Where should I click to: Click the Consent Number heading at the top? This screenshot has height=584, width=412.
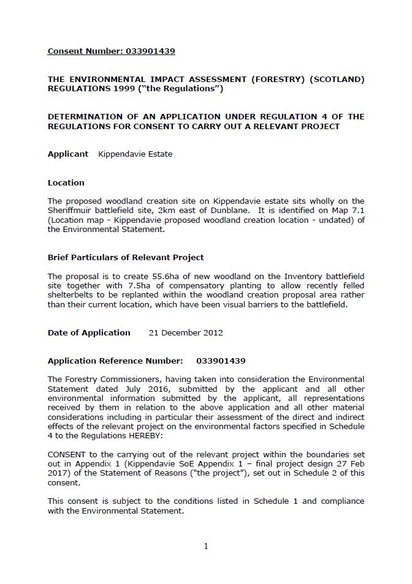[x=111, y=51]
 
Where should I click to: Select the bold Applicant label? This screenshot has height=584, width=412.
[x=68, y=154]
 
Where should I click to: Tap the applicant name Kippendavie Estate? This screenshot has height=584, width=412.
[x=135, y=154]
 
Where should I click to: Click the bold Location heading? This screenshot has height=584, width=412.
[x=66, y=182]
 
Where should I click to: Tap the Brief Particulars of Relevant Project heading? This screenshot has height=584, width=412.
[x=126, y=258]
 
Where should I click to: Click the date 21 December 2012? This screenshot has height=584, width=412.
[x=186, y=333]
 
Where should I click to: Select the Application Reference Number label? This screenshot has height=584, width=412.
[x=115, y=361]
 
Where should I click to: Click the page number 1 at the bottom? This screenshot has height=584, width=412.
[x=206, y=547]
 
